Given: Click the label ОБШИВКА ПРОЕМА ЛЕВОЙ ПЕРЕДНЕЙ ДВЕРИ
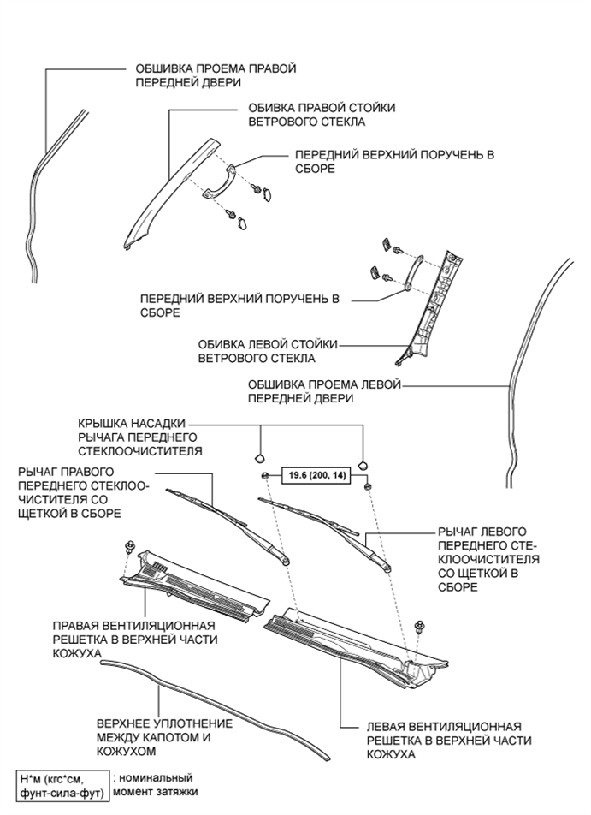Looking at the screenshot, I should point(323,392).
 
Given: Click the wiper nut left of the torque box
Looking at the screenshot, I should point(266,476).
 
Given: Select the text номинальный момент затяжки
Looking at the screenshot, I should point(156,784).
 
